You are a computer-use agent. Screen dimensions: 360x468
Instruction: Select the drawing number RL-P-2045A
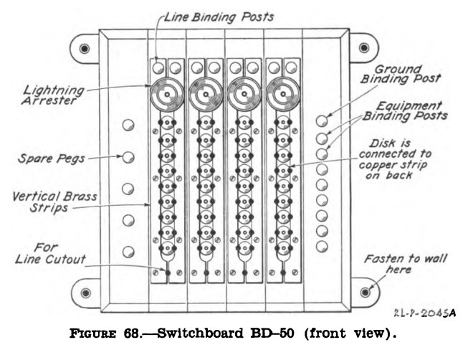point(424,313)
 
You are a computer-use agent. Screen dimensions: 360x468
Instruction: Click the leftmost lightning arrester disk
point(167,94)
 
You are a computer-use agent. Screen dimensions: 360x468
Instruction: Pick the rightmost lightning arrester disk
point(283,94)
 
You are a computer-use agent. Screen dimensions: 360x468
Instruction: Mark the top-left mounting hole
point(85,48)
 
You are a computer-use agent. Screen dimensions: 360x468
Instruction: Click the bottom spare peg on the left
point(128,252)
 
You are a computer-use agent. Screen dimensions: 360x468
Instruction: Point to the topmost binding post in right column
point(322,120)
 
